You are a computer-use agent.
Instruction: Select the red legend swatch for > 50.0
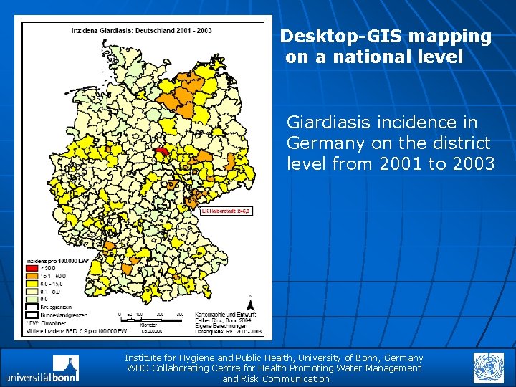pyautogui.click(x=32, y=267)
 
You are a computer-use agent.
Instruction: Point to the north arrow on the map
pyautogui.click(x=249, y=305)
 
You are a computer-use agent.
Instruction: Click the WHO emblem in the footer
pyautogui.click(x=488, y=368)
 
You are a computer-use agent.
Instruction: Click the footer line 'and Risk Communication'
pyautogui.click(x=276, y=378)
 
